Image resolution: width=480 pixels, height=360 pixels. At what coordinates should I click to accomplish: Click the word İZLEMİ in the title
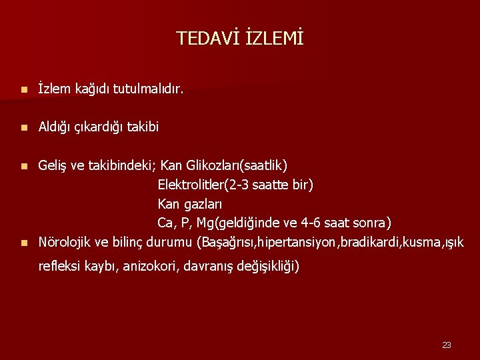pos(274,39)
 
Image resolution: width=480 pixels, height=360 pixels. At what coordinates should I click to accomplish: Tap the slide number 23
pos(447,345)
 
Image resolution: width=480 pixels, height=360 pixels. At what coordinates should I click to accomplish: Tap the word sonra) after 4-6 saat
pos(373,223)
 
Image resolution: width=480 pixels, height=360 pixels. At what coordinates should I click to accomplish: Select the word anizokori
pos(151,267)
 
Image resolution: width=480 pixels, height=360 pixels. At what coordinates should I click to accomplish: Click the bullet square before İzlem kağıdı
pos(23,89)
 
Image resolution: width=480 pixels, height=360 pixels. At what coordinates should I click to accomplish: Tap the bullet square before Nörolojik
pos(23,242)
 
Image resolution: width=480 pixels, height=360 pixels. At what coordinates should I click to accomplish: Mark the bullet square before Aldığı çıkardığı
pos(23,127)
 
